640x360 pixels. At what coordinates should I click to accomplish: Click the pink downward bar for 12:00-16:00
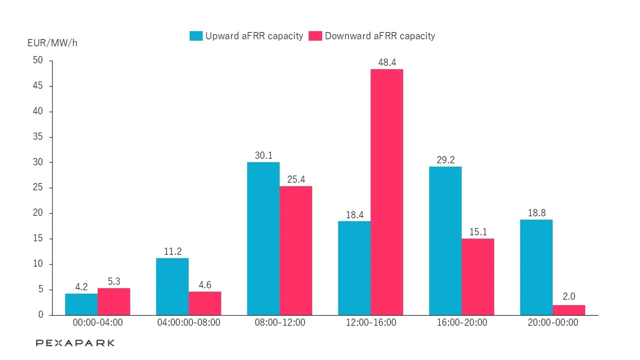click(387, 192)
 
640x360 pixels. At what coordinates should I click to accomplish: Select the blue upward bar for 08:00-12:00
click(263, 239)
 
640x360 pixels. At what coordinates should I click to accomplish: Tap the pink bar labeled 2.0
click(569, 310)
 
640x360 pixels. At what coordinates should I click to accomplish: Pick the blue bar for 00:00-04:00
click(81, 304)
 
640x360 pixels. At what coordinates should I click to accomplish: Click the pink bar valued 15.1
click(478, 277)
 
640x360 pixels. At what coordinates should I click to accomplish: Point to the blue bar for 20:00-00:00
click(536, 267)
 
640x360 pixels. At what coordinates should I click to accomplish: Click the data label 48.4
click(387, 62)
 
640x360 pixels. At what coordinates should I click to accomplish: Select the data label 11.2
click(173, 251)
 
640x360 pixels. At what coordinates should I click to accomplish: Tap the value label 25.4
click(296, 179)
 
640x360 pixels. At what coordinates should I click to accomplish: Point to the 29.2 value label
click(445, 160)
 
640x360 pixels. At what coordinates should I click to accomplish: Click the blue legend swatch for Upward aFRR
click(196, 36)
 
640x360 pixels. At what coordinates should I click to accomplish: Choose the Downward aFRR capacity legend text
click(380, 36)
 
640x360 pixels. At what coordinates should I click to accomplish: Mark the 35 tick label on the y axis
click(38, 136)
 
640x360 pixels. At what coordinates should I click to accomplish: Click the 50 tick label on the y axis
click(38, 60)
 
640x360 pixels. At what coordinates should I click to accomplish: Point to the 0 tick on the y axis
click(41, 314)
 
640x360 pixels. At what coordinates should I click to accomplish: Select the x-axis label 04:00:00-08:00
click(189, 322)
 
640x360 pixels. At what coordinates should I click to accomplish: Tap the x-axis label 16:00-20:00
click(462, 322)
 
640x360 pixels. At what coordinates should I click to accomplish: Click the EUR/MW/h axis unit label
click(52, 43)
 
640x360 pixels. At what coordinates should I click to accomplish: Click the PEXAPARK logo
click(75, 343)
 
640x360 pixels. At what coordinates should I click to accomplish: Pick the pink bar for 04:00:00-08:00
click(205, 303)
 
